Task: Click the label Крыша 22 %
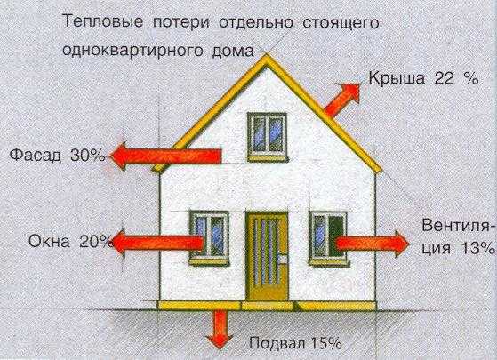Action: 423,78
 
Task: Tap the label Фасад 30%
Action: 58,156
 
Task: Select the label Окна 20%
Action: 69,242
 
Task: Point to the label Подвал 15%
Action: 295,343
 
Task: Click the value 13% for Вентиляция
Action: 478,248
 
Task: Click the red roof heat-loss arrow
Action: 342,99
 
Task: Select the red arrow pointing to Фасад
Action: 165,156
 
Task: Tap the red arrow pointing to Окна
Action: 158,243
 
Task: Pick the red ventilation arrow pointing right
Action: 373,244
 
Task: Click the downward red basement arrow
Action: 220,330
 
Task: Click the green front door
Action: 268,256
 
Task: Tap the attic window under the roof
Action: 268,137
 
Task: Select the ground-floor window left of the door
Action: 210,237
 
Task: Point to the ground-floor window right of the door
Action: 328,238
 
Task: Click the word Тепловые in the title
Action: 103,23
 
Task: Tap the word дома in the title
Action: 233,51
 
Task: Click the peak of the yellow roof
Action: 267,56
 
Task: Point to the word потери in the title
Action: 181,23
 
